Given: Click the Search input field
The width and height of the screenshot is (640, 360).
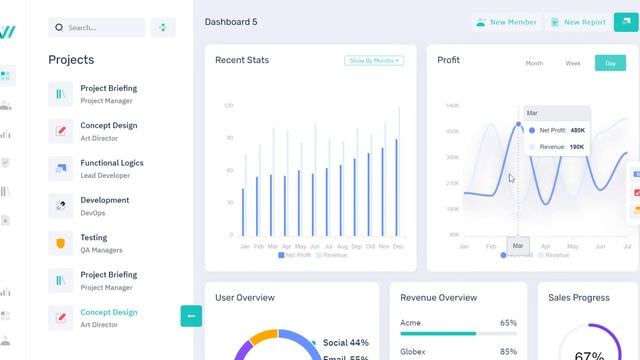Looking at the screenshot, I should [96, 28].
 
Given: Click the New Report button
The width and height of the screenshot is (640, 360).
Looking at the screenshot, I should [577, 22].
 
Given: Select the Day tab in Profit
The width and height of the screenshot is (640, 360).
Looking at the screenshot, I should [610, 63].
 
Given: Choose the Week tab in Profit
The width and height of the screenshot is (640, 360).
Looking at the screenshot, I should [573, 63].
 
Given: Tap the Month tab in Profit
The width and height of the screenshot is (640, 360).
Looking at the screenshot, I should [534, 63].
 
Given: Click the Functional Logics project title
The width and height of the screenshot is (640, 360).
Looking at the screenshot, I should [112, 163].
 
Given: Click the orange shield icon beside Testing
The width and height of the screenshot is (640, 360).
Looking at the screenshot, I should [61, 243].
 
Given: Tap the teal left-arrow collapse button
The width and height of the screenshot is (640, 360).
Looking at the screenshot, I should [191, 316].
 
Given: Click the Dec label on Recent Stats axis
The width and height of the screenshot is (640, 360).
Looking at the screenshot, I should [398, 246].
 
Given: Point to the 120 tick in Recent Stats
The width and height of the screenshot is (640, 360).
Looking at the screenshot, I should [229, 105].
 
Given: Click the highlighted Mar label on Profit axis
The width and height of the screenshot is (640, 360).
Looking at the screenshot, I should [518, 245].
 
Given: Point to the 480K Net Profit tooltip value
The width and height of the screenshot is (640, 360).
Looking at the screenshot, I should [577, 130].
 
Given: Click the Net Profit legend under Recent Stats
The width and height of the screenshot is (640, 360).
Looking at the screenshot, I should [295, 255].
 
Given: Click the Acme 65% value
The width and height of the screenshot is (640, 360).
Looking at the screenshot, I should [508, 323].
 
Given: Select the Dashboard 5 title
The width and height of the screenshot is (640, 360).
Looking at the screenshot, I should [231, 21].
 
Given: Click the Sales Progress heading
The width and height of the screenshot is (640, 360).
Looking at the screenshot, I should [579, 297].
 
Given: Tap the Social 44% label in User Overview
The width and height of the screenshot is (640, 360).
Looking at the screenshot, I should [346, 343].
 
